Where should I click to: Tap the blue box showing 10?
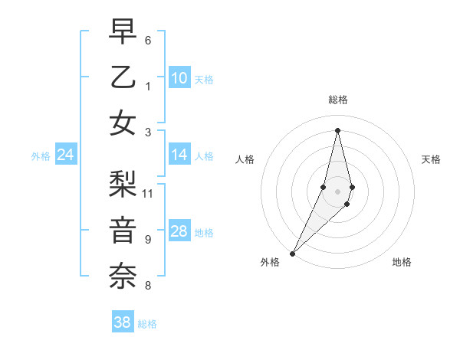click(179, 77)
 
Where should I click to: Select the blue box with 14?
click(179, 155)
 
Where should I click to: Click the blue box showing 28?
click(179, 231)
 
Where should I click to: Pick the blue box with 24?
click(66, 155)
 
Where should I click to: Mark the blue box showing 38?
click(123, 322)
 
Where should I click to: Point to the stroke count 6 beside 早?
click(148, 40)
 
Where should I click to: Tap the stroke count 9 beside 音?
click(148, 240)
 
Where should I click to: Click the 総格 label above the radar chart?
click(338, 100)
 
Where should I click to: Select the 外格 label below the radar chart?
click(270, 262)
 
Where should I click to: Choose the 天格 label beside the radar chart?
click(432, 159)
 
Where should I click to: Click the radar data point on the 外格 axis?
click(292, 253)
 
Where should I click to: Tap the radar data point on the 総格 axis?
click(338, 130)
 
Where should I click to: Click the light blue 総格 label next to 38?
click(148, 324)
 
